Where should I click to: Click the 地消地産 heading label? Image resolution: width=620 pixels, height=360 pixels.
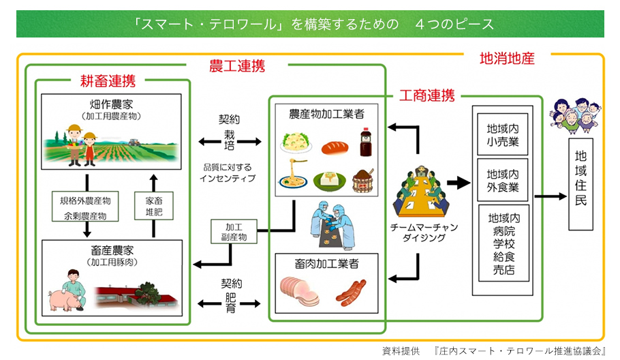coord(507,58)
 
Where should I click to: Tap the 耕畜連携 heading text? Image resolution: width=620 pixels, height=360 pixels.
coord(108,82)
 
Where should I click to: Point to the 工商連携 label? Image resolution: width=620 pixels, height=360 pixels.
coord(427,95)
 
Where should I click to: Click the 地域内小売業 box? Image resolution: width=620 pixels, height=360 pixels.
coord(503,135)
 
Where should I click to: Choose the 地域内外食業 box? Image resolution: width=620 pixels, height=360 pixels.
coord(503,181)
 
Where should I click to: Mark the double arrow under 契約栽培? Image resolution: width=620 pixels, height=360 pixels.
coord(229,141)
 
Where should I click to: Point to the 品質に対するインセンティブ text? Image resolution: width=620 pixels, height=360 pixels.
coord(229,172)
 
